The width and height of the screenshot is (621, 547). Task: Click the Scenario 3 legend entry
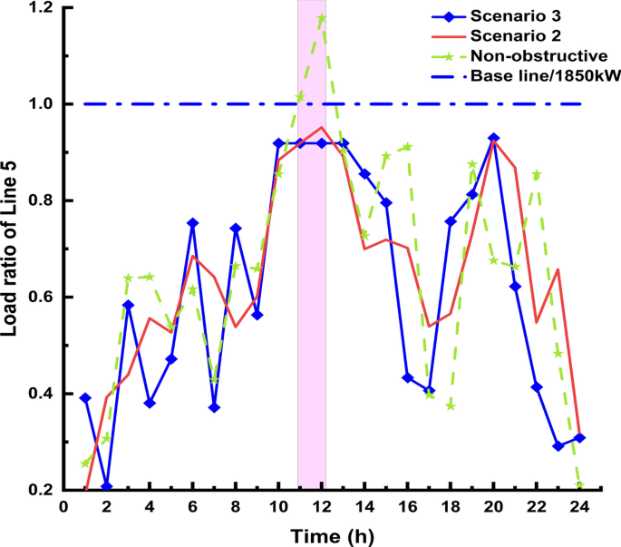coord(509,15)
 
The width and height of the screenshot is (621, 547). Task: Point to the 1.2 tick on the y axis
coord(40,8)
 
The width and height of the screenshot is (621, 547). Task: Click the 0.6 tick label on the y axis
coord(40,298)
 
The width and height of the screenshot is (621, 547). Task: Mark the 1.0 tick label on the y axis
coord(40,104)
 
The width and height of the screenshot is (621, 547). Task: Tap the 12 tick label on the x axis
coord(322,507)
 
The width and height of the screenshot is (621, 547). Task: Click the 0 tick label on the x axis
coord(63,507)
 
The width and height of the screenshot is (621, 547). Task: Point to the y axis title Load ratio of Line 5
coord(13,247)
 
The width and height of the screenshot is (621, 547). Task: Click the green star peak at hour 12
coord(322,18)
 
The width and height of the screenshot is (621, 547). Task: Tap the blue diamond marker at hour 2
coord(107,486)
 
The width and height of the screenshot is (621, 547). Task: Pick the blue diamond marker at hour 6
coord(193,223)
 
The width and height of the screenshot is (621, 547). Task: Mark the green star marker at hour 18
coord(451,405)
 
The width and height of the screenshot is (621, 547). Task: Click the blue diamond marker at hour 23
coord(558,446)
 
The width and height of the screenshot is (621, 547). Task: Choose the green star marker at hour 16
coord(408,147)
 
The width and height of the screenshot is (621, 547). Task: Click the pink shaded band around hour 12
coord(312,272)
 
